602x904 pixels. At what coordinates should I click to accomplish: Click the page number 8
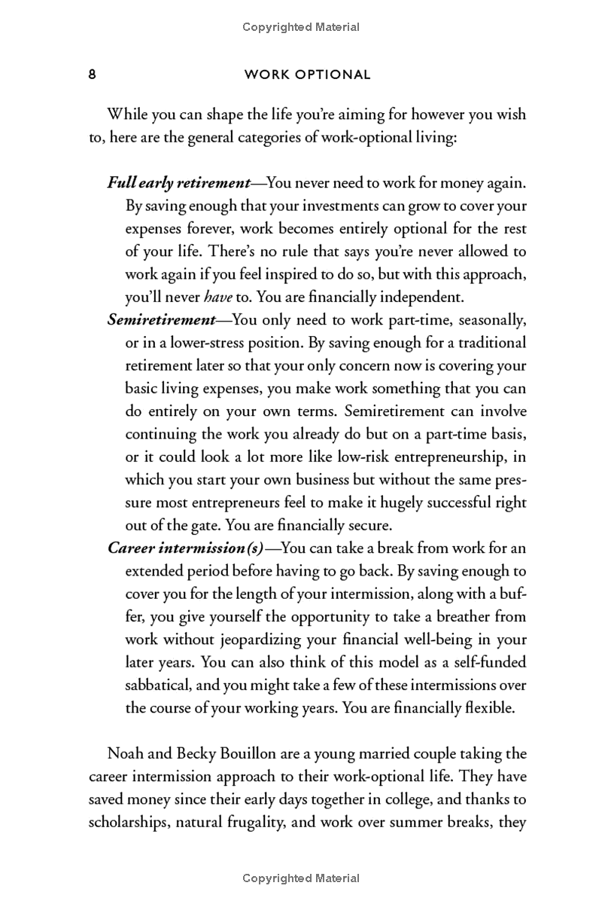pyautogui.click(x=91, y=74)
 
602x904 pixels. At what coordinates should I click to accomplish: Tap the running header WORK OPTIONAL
pyautogui.click(x=308, y=75)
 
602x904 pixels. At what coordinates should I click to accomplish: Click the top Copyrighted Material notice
pyautogui.click(x=301, y=27)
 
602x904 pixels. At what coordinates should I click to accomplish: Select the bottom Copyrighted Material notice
pyautogui.click(x=301, y=878)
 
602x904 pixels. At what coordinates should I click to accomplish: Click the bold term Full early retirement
pyautogui.click(x=178, y=182)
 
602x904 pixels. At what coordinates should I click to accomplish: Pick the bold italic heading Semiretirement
pyautogui.click(x=161, y=319)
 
